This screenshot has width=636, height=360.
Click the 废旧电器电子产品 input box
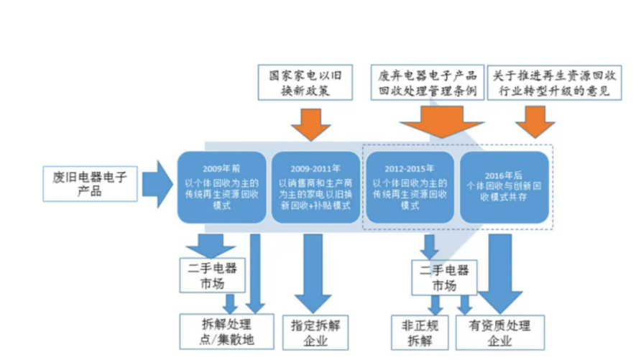[x=90, y=183]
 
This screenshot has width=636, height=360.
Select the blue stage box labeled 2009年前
[x=222, y=187]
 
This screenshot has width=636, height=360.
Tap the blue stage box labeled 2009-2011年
[x=315, y=187]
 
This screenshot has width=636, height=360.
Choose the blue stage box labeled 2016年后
[x=505, y=187]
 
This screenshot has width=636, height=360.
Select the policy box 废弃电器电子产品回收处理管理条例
[x=427, y=83]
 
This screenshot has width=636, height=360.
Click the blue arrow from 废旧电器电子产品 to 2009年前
[x=157, y=184]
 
